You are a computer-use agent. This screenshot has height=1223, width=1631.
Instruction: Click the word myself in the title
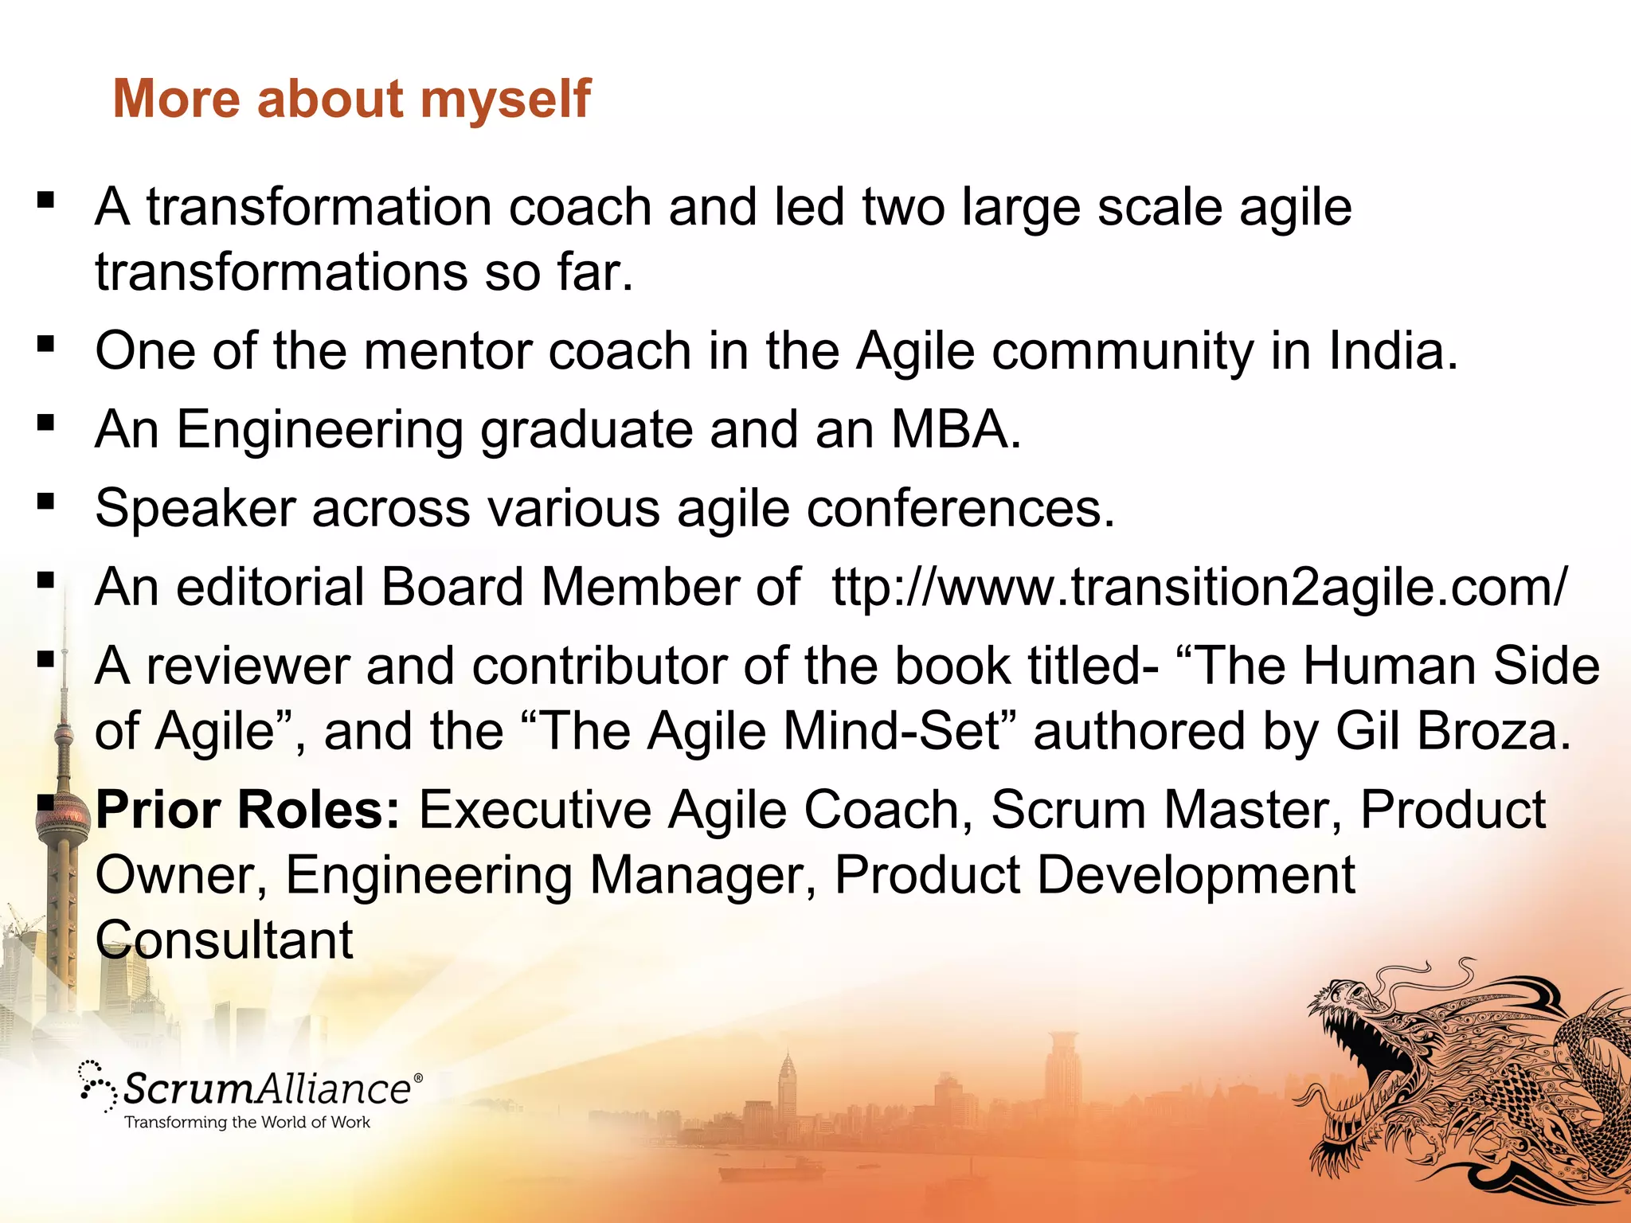pos(505,100)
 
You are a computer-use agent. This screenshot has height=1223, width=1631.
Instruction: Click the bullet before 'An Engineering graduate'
pos(45,423)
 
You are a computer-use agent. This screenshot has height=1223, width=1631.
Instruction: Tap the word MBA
pos(954,430)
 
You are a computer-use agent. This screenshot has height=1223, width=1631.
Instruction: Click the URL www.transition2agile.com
pos(1199,588)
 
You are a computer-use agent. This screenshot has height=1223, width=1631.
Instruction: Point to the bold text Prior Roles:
pos(248,811)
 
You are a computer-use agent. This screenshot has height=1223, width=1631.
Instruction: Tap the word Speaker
pos(195,509)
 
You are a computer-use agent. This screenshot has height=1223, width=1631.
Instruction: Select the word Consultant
pos(224,940)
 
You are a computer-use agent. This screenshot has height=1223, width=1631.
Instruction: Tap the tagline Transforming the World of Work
pos(247,1123)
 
